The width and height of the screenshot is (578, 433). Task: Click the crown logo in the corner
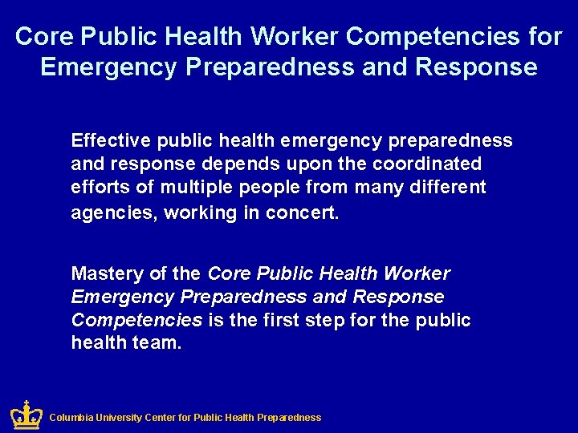pos(26,415)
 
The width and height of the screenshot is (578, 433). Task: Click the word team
pos(160,343)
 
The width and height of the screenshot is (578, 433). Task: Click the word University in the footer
pos(120,418)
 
